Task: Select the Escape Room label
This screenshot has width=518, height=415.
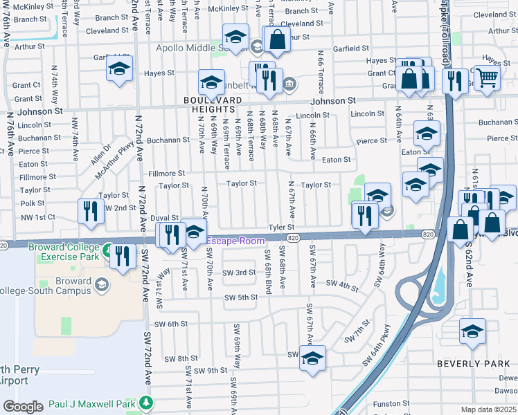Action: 240,241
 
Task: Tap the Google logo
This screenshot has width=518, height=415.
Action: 23,407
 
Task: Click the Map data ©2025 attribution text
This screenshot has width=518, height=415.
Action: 488,409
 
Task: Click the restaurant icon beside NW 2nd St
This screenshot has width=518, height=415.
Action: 90,212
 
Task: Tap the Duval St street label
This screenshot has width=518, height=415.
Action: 165,217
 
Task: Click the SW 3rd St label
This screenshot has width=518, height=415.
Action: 239,273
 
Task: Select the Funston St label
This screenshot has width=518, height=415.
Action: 392,403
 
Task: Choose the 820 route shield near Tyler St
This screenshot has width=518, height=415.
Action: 294,238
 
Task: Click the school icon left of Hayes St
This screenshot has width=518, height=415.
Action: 120,70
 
